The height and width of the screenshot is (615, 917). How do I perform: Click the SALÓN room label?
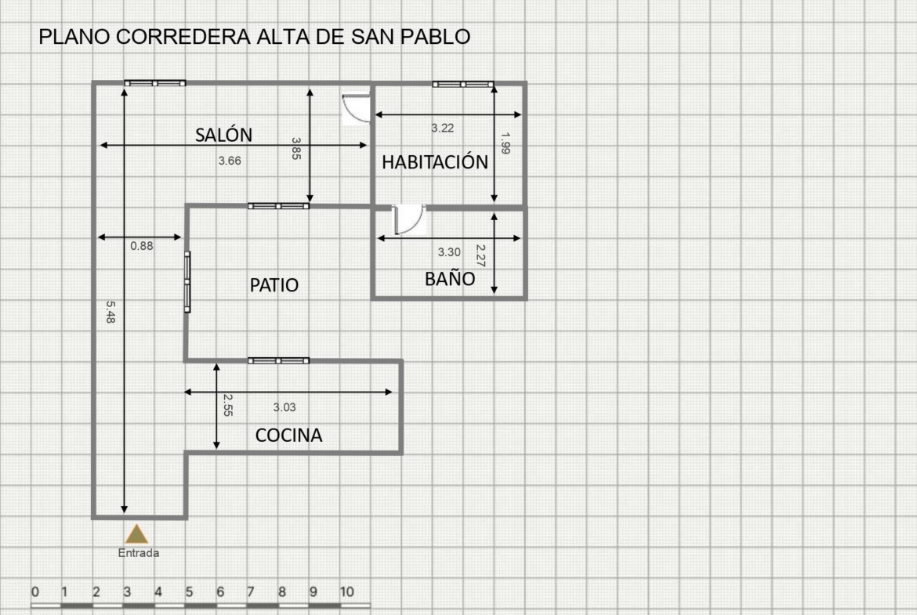223,135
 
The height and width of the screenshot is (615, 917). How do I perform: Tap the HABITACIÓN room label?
434,162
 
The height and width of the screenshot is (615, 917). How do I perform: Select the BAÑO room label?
450,278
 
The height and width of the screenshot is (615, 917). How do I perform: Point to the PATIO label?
274,284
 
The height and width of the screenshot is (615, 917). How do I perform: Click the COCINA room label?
289,435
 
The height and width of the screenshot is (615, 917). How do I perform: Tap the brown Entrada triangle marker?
136,534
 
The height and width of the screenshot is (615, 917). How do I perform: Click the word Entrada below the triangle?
139,553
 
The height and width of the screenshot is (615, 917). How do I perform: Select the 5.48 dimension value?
111,312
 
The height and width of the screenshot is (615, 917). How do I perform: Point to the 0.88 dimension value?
142,246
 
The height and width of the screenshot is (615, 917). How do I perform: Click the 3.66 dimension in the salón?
229,161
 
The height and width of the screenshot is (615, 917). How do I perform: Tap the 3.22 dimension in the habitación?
442,128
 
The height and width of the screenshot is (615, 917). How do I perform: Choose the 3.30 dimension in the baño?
449,252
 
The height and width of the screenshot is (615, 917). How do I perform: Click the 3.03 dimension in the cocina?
285,407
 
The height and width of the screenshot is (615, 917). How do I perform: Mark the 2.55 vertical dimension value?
228,404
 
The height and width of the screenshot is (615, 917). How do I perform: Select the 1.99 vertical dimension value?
506,143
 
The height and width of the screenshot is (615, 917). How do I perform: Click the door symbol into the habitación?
356,107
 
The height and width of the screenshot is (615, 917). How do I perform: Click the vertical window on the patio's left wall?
187,282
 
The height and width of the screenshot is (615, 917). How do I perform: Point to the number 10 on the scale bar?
346,591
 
